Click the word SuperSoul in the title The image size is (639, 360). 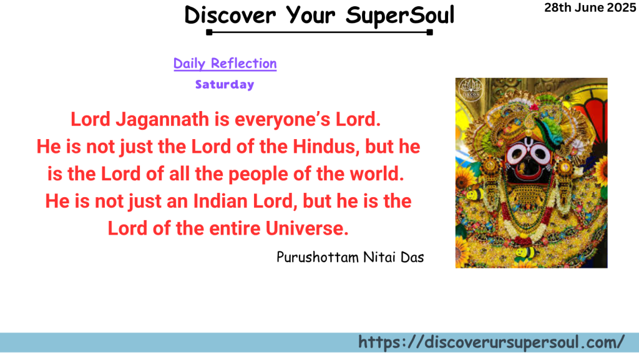tap(400, 16)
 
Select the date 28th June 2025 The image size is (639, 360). tap(590, 7)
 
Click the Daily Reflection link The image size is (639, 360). tap(225, 64)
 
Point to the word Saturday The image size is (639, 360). tap(225, 84)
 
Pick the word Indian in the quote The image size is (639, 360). tap(220, 201)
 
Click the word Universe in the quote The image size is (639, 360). tap(307, 228)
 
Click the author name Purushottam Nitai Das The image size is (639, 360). tap(351, 258)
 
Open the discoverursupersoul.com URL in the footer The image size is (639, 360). tap(492, 343)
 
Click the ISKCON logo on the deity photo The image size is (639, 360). tap(471, 89)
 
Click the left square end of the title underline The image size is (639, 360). tap(209, 32)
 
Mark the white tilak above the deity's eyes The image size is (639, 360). tap(529, 142)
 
